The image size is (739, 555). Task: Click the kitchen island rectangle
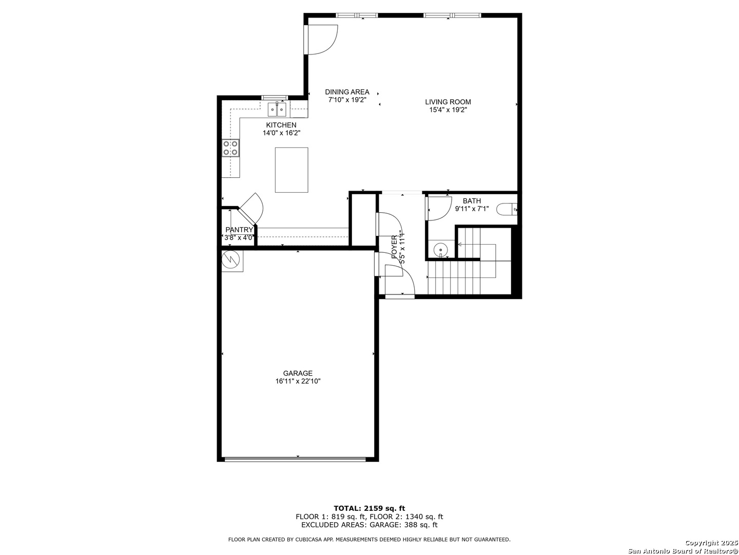(291, 170)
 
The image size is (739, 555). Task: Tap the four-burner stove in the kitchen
(230, 148)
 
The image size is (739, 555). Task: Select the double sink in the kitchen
(277, 109)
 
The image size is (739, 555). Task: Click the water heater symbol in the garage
(232, 261)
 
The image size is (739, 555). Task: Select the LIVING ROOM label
(448, 102)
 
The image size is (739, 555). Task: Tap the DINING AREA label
(347, 91)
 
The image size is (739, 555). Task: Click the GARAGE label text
(298, 373)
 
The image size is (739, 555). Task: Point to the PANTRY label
(239, 230)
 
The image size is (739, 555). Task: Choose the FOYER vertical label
(394, 247)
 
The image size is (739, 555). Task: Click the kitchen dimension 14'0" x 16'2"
(281, 133)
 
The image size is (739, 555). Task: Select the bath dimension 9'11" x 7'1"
(472, 209)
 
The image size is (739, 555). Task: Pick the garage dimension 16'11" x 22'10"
(298, 381)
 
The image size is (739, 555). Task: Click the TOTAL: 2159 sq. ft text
(369, 508)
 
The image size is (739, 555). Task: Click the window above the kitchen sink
(275, 98)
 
